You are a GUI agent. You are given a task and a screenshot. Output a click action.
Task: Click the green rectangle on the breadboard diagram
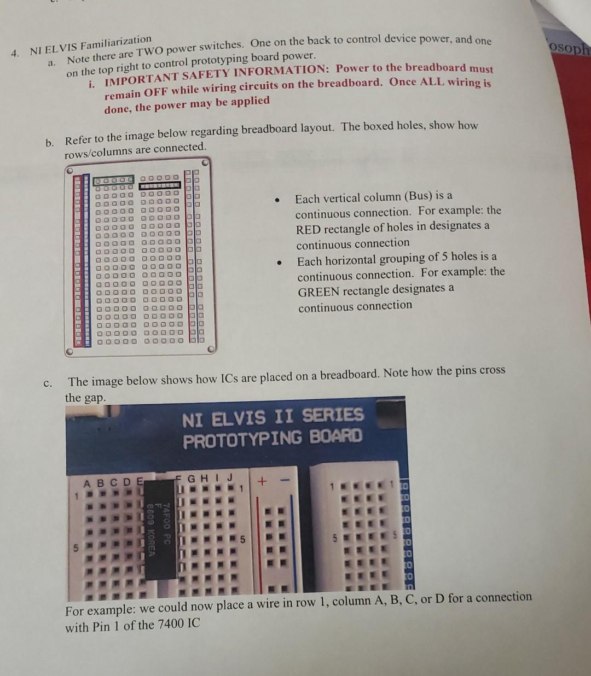pyautogui.click(x=113, y=180)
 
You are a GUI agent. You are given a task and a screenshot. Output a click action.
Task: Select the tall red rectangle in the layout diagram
pyautogui.click(x=78, y=260)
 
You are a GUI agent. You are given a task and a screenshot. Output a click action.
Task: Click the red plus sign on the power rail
pyautogui.click(x=262, y=482)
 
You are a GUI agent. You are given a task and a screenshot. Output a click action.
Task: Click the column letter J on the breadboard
pyautogui.click(x=230, y=477)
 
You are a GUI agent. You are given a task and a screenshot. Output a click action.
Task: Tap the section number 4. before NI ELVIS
pyautogui.click(x=17, y=53)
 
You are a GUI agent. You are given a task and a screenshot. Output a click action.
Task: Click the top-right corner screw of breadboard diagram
pyautogui.click(x=205, y=162)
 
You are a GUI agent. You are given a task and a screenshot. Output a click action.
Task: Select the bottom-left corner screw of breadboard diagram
pyautogui.click(x=69, y=352)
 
